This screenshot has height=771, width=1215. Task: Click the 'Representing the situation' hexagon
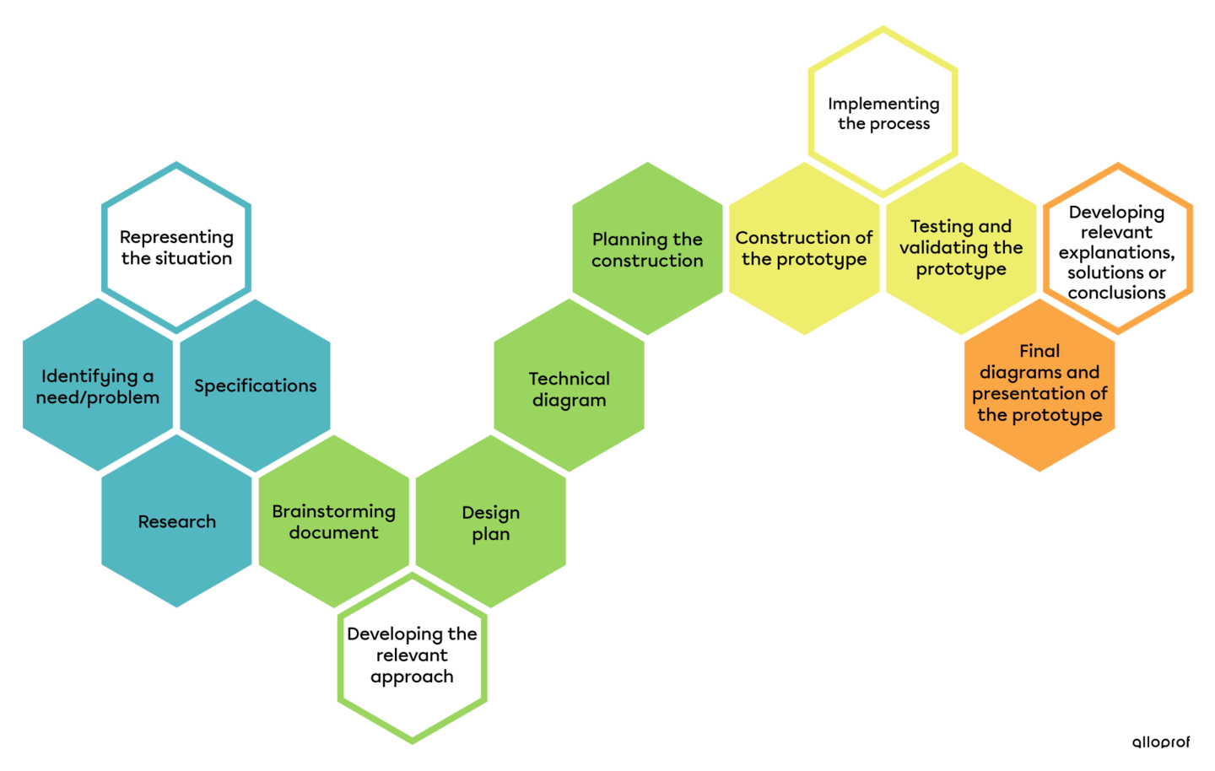[x=176, y=247]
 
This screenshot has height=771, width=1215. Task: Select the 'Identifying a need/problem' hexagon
[x=98, y=385]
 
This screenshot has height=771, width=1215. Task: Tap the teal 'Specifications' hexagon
[x=255, y=385]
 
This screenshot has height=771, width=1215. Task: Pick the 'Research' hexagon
[x=176, y=521]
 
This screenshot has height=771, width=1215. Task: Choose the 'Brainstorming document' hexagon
[x=334, y=521]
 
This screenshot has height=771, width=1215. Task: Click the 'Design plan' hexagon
[x=491, y=522]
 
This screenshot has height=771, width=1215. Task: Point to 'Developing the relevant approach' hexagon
[x=413, y=655]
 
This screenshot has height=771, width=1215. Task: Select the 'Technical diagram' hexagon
[x=570, y=388]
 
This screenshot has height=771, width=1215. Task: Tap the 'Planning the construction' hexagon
[x=647, y=250]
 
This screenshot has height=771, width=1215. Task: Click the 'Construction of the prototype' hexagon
[x=804, y=248]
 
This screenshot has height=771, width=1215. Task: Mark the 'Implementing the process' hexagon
[x=883, y=113]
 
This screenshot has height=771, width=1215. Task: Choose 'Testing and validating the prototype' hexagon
[x=961, y=248]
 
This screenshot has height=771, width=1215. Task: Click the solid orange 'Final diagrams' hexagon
[x=1039, y=384]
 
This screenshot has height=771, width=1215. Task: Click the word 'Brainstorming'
[x=334, y=511]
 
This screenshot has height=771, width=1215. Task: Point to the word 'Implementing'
[x=883, y=104]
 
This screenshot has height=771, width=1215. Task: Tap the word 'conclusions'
[x=1117, y=293]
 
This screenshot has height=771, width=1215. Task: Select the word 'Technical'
[x=570, y=379]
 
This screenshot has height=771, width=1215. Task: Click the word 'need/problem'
[x=98, y=397]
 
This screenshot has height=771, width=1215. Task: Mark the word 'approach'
[x=412, y=677]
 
